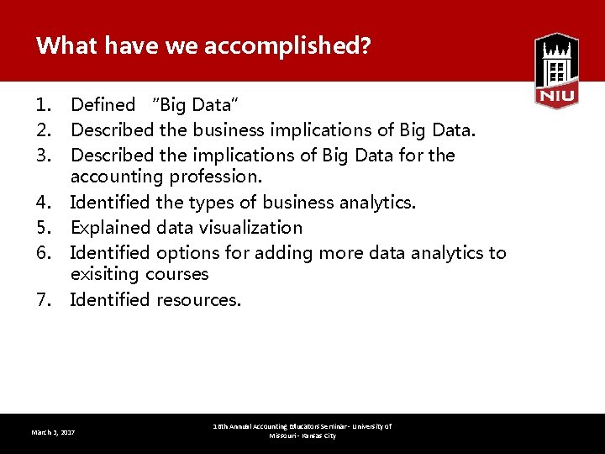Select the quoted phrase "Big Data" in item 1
click(195, 105)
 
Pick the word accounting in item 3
click(118, 177)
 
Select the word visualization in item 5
click(250, 227)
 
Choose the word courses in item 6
click(176, 274)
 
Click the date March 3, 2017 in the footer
click(53, 432)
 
